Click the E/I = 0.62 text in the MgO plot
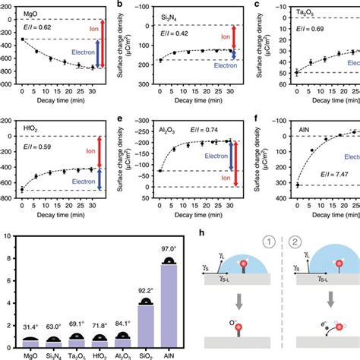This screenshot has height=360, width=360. [35, 27]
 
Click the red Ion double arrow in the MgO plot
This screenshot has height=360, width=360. [96, 36]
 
